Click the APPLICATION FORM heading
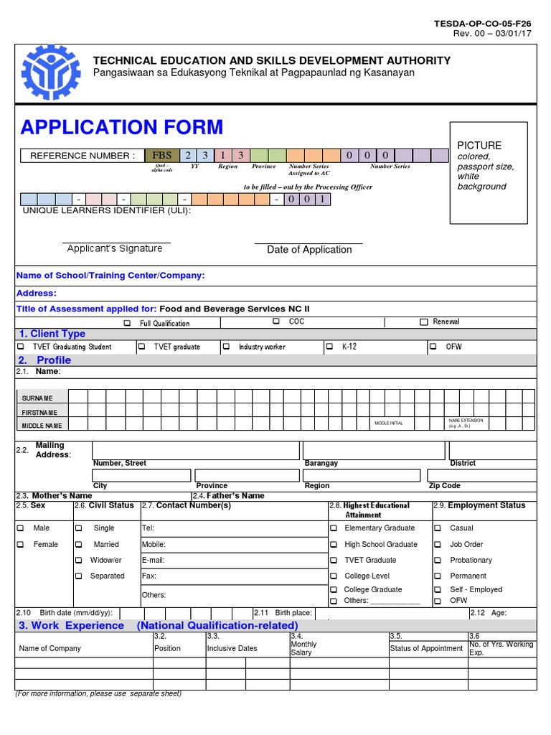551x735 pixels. click(122, 127)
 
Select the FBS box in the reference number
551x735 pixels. click(161, 155)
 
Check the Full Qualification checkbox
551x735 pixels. click(127, 324)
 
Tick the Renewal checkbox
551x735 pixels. click(424, 322)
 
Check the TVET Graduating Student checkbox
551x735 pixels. click(20, 347)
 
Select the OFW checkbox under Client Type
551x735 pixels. click(433, 347)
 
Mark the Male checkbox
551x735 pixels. click(20, 528)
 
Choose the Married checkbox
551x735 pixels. click(78, 545)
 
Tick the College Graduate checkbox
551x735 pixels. click(334, 589)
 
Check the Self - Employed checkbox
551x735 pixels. click(438, 589)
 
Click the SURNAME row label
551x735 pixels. click(37, 398)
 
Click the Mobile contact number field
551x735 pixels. click(233, 545)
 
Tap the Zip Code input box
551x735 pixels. click(481, 474)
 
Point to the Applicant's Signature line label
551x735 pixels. click(115, 248)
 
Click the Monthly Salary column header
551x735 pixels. click(303, 648)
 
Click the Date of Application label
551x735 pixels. click(309, 250)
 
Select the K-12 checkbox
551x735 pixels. click(330, 347)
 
